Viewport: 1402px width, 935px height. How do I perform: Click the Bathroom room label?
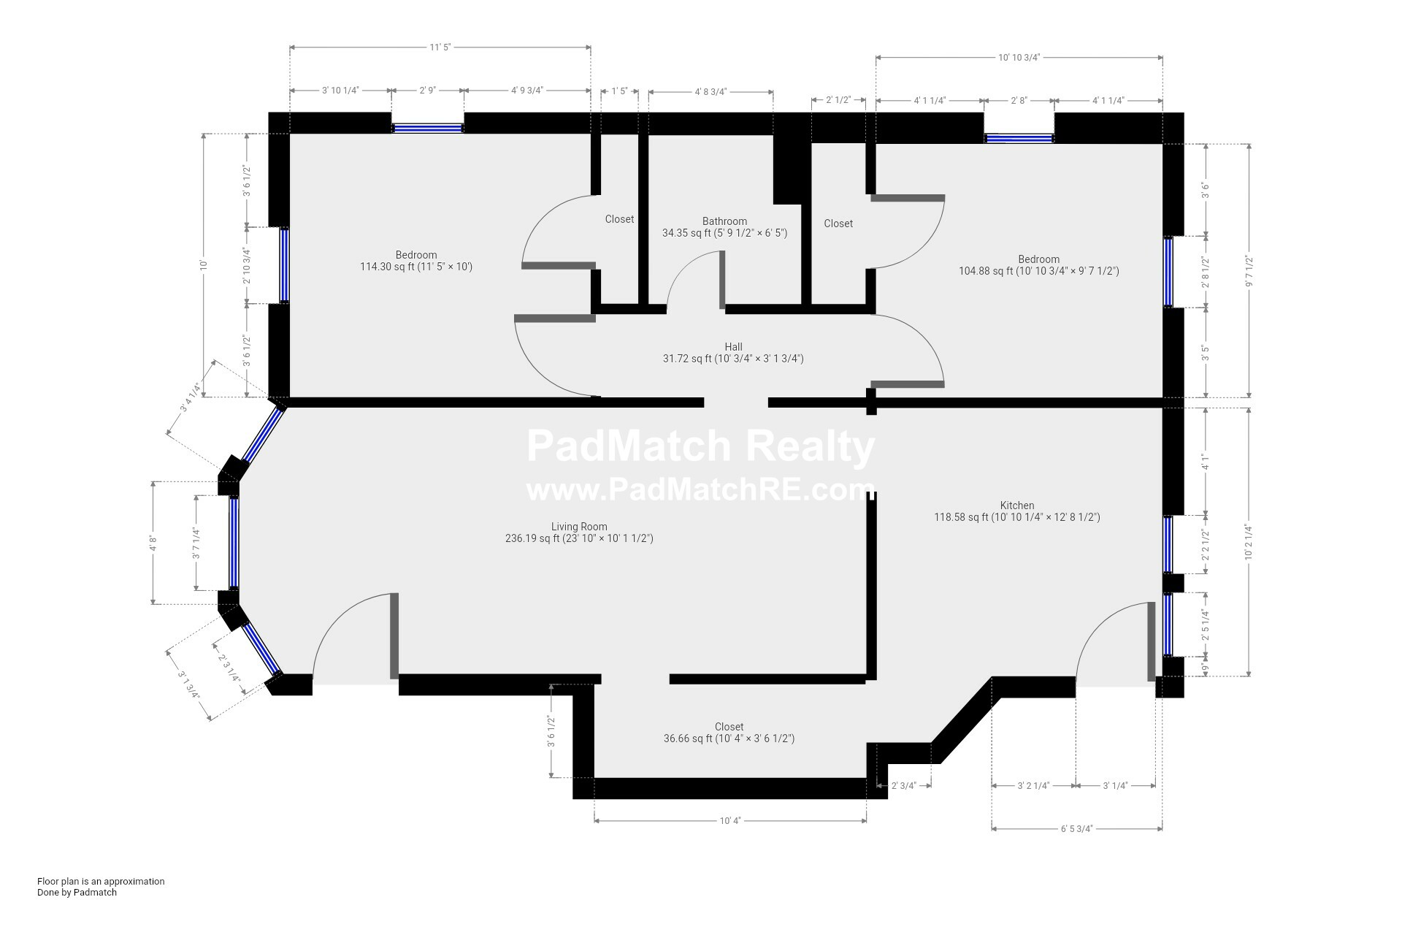pyautogui.click(x=724, y=221)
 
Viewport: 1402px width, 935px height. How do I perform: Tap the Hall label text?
pyautogui.click(x=733, y=347)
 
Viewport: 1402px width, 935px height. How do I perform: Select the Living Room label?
pyautogui.click(x=579, y=527)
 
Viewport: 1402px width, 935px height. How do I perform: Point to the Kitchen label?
pyautogui.click(x=1017, y=505)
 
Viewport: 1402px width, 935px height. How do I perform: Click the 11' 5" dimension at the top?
pyautogui.click(x=440, y=47)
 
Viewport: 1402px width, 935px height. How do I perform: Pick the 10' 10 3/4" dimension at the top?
pyautogui.click(x=1019, y=57)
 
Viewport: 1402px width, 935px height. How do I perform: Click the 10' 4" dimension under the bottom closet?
pyautogui.click(x=730, y=820)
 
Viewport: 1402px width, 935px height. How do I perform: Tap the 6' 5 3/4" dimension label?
pyautogui.click(x=1076, y=829)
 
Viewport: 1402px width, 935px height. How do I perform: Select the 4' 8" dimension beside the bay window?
pyautogui.click(x=153, y=543)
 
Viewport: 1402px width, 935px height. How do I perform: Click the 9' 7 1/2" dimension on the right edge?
pyautogui.click(x=1249, y=271)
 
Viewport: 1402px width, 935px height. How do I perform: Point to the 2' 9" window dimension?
pyautogui.click(x=427, y=91)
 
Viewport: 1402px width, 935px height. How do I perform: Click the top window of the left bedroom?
pyautogui.click(x=428, y=128)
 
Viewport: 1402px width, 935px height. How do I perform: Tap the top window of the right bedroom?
pyautogui.click(x=1019, y=137)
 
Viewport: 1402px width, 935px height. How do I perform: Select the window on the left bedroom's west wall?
pyautogui.click(x=284, y=265)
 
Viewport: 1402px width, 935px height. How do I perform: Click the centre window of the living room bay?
pyautogui.click(x=234, y=542)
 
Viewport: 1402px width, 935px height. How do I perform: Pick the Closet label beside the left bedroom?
pyautogui.click(x=619, y=219)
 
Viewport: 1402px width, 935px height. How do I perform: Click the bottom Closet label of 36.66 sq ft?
pyautogui.click(x=729, y=727)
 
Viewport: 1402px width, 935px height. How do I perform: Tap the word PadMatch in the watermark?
pyautogui.click(x=628, y=446)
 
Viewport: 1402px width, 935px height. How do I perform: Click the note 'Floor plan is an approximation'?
pyautogui.click(x=101, y=882)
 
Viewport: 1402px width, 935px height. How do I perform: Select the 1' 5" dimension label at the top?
pyautogui.click(x=619, y=91)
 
